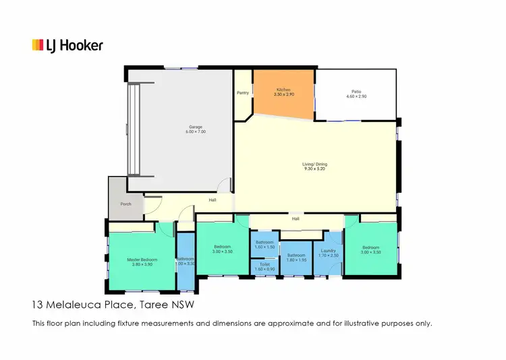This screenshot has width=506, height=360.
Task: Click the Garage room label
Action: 196,127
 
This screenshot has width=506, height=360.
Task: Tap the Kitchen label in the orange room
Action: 283,90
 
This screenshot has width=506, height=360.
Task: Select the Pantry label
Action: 243,93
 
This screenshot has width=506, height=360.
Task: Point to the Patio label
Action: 356,91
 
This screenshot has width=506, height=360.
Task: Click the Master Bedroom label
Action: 142,260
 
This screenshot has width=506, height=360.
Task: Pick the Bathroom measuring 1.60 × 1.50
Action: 264,244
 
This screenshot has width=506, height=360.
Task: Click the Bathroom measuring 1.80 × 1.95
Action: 296,258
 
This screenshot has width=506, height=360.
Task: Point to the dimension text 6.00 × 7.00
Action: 196,132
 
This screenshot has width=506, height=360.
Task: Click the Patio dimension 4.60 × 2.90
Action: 356,96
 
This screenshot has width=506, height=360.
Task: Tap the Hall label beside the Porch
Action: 213,200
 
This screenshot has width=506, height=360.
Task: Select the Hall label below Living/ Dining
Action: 296,218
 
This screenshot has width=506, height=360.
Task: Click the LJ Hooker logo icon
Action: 38,45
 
